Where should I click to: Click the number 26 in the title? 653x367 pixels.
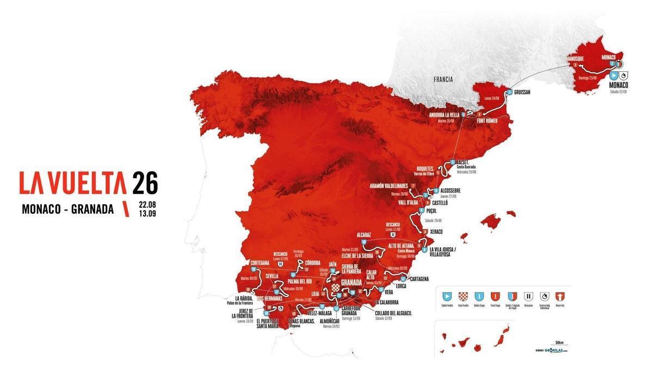click(145, 183)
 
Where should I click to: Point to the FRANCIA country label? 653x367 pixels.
click(443, 79)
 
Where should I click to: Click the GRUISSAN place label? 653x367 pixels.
click(521, 92)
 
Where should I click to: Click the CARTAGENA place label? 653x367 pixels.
click(416, 279)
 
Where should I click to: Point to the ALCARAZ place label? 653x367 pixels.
click(364, 235)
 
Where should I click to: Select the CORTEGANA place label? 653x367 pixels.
click(257, 263)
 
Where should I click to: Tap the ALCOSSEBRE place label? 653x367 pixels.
click(451, 190)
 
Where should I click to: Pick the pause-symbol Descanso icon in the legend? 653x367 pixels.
click(528, 297)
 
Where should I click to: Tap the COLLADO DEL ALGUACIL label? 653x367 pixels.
click(393, 313)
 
